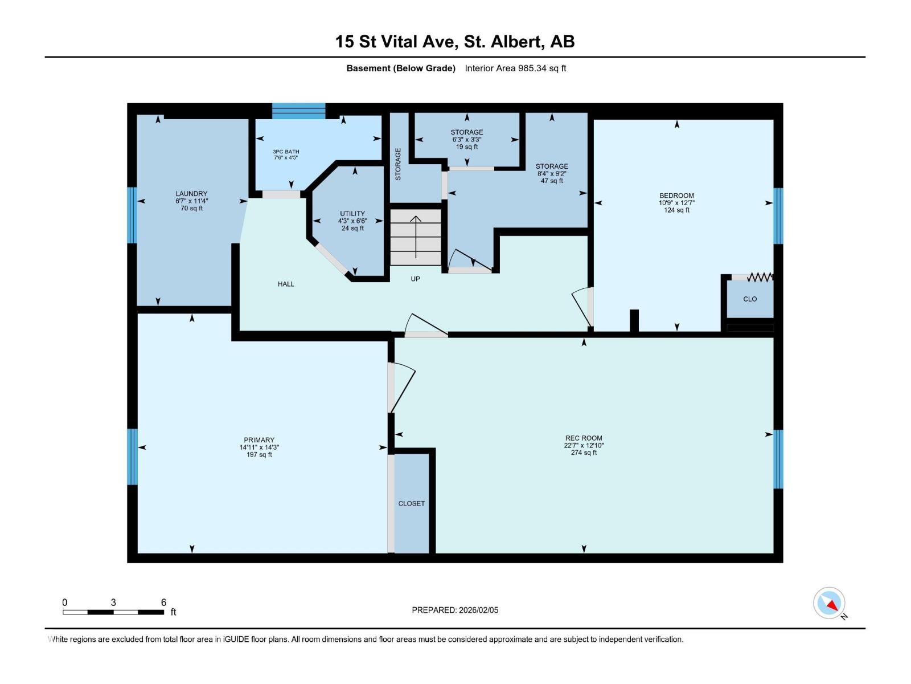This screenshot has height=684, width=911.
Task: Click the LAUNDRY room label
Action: pos(191,194)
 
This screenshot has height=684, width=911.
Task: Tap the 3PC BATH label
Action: pos(286,152)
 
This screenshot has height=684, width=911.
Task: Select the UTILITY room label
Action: pos(352,213)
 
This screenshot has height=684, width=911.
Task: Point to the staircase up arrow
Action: pos(416,237)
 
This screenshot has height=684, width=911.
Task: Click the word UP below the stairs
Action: pos(415,279)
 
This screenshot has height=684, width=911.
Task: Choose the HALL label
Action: pos(286,284)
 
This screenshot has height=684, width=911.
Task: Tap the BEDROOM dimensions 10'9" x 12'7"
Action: pos(676,203)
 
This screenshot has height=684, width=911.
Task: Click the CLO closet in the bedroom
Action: pos(750,299)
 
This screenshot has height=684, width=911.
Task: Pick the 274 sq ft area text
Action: pos(584,453)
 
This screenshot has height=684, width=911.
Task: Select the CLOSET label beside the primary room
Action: pos(411,503)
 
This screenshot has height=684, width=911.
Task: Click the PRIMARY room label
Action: pos(259,440)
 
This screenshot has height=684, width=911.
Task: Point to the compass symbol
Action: pos(829,602)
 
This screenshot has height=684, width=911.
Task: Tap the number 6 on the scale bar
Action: pos(163,602)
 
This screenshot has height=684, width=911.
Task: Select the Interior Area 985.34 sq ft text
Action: pos(515,68)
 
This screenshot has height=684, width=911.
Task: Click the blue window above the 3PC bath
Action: pos(298,111)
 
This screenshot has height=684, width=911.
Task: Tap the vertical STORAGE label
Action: pos(398,164)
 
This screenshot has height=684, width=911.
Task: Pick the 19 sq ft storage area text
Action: pos(467,147)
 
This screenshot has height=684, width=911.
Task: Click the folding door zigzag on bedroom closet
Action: pos(760,277)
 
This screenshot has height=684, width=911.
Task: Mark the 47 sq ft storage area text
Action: pos(552,181)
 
